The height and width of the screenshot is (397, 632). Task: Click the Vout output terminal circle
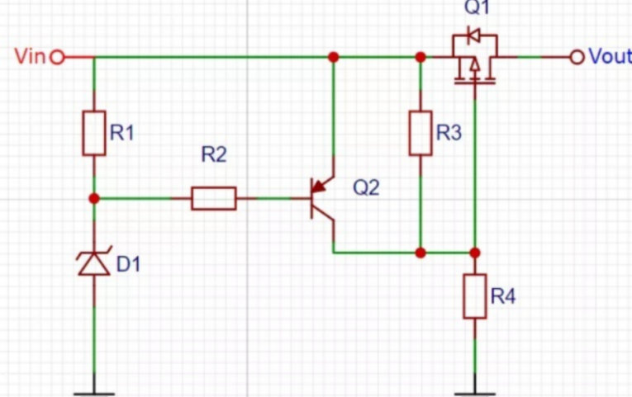pos(577,57)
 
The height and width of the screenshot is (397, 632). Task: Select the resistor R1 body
pos(94,132)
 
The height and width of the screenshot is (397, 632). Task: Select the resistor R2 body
pos(214,198)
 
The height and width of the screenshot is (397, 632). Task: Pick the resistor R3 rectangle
pos(421,132)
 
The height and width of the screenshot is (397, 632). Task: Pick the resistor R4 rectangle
pos(475,296)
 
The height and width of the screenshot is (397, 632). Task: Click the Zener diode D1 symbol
pos(94,262)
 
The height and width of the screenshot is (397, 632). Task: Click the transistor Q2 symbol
pos(322,199)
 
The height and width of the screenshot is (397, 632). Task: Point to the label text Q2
pos(366,187)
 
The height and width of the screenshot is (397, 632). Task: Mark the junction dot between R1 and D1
pos(94,198)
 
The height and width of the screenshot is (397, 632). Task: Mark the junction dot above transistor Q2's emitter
pos(334,57)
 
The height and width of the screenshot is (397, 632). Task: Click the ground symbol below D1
pos(94,382)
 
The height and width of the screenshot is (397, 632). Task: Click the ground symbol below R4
pos(475,382)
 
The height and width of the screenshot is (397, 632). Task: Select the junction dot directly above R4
pos(475,252)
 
